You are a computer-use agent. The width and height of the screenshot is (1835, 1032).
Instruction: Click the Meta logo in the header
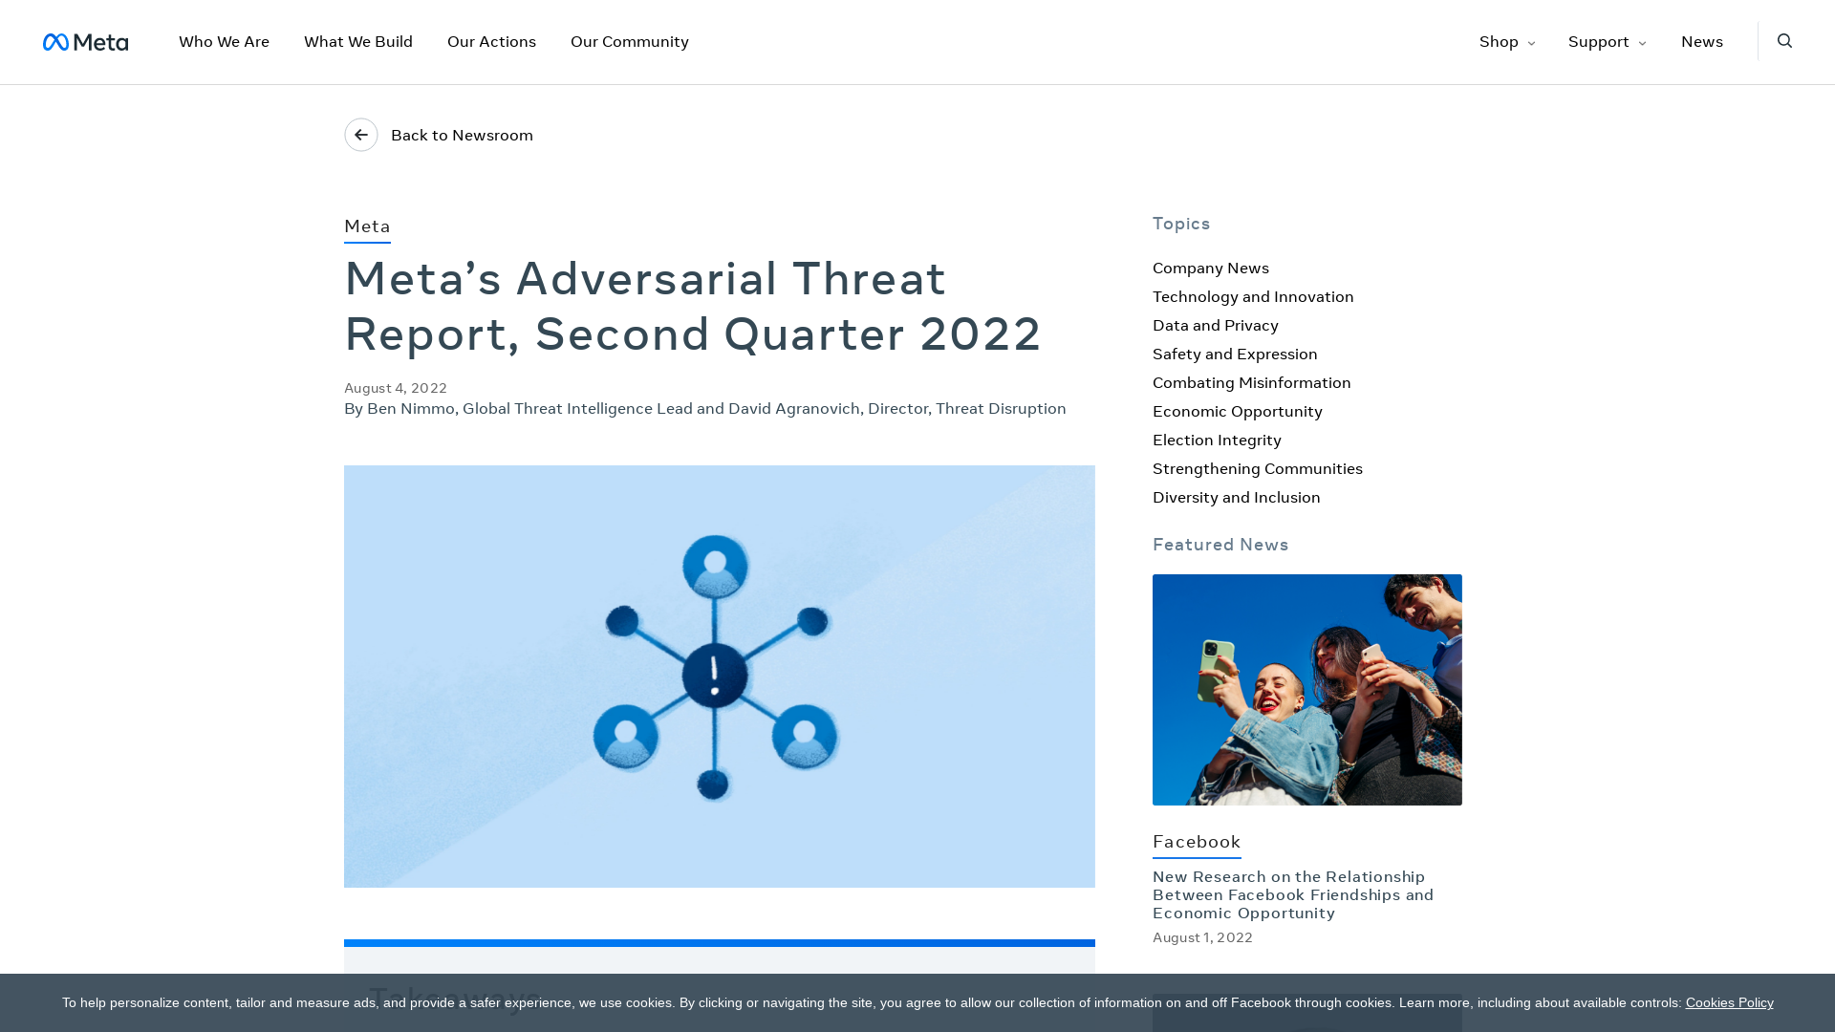85,42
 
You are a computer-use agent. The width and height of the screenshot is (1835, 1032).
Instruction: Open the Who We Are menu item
224,42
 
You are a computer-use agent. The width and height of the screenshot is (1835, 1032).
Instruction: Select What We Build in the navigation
358,42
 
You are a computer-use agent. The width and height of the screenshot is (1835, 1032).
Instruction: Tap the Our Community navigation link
629,42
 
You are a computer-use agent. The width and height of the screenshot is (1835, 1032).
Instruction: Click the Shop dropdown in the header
1506,42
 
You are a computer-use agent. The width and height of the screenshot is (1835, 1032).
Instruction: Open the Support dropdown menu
1607,42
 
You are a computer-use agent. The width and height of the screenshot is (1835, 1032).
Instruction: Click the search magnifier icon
1784,41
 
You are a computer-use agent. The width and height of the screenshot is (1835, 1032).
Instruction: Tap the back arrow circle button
361,135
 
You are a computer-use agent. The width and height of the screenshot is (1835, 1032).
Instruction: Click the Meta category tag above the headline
367,226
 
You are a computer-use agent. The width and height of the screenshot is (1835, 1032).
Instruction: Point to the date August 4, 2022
396,388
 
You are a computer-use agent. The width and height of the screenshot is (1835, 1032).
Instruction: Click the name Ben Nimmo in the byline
411,409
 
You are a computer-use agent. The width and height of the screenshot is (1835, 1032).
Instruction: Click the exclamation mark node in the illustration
715,676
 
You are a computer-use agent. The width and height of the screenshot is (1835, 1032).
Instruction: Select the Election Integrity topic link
1217,441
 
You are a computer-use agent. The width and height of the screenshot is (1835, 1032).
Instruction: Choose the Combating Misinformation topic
1251,383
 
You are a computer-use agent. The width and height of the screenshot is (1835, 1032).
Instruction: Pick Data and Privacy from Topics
1215,326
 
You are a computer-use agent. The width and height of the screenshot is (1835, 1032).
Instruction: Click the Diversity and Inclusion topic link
1236,498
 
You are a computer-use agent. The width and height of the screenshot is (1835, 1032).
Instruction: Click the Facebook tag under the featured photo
1197,842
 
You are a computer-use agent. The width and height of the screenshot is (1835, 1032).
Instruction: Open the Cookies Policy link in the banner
1729,1003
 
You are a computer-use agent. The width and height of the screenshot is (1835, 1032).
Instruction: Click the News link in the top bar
1701,42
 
